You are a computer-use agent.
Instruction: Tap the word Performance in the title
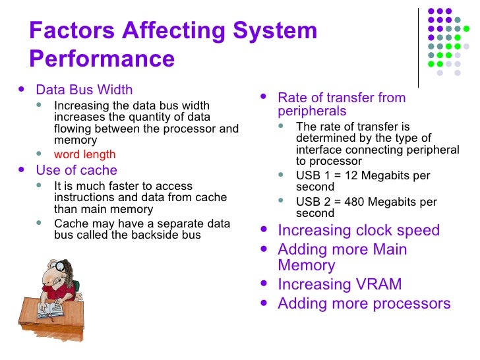tap(102, 59)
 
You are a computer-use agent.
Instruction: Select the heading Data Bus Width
tap(84, 90)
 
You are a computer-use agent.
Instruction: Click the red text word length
tap(84, 154)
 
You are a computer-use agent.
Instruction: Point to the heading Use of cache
tap(76, 170)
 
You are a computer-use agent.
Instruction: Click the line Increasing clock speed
tap(359, 231)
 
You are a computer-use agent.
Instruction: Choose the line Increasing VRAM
tap(340, 285)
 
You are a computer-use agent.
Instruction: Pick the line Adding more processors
tap(364, 304)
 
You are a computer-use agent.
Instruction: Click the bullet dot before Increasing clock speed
tap(264, 231)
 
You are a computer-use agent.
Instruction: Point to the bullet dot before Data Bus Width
tap(24, 90)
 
